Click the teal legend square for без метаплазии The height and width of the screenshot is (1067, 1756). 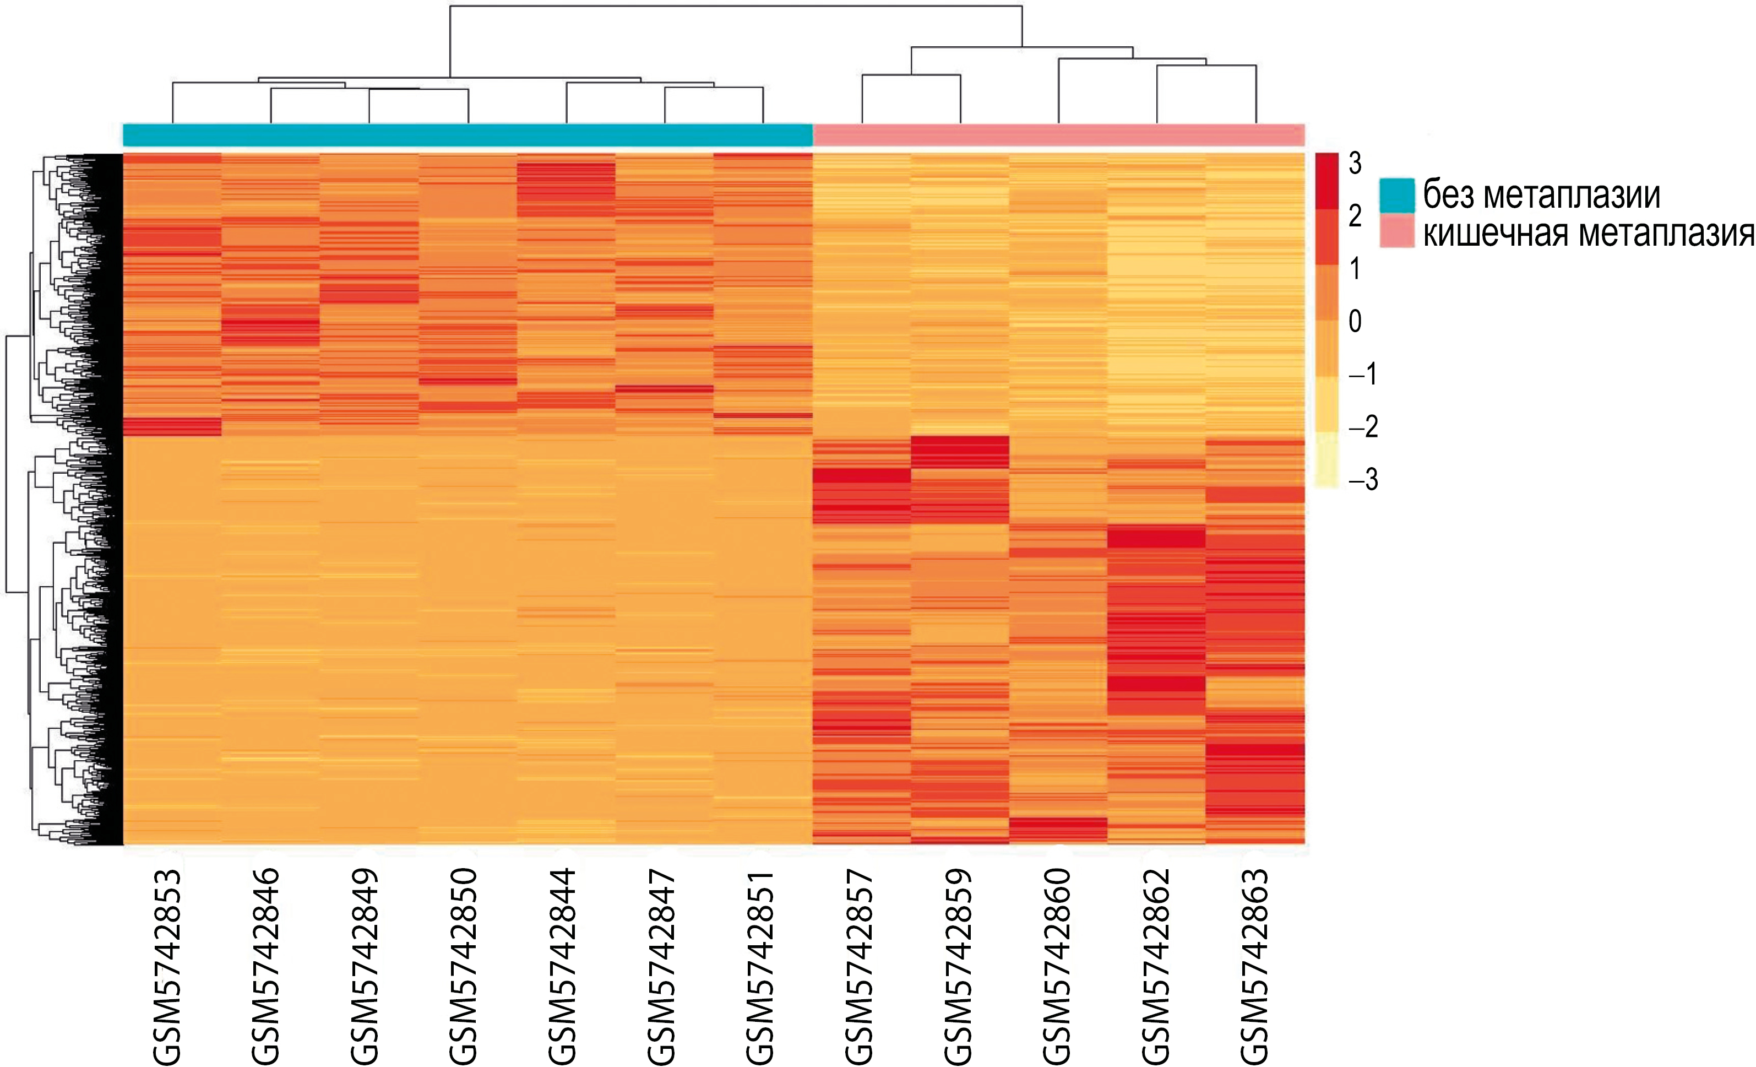[x=1397, y=196]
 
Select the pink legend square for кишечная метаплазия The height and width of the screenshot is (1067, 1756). [x=1397, y=233]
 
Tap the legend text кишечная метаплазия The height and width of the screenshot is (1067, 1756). [x=1589, y=233]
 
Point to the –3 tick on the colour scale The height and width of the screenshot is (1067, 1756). [x=1363, y=480]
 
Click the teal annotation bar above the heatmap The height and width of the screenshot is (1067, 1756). [x=467, y=135]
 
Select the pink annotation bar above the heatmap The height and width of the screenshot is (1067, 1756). [x=1059, y=135]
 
